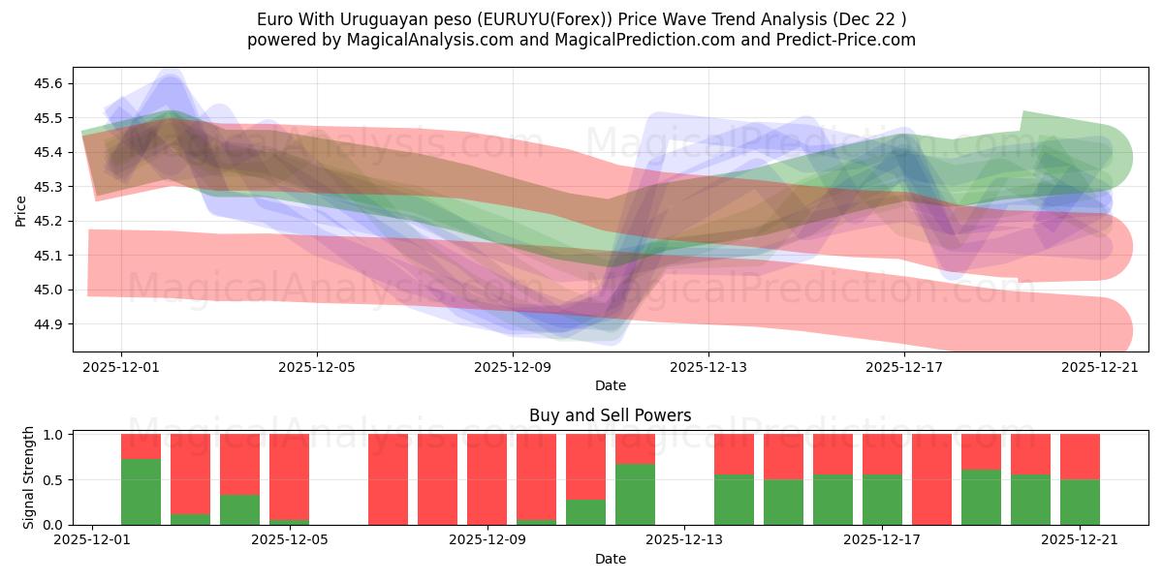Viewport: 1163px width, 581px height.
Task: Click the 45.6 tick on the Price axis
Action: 48,84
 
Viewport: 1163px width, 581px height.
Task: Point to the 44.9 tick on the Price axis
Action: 48,324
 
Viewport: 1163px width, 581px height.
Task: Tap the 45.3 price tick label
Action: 48,187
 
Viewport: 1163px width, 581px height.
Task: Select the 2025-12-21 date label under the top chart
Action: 1100,367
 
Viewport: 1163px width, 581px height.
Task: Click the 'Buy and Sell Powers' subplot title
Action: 610,415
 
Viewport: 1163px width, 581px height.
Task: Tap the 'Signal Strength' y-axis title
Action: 29,477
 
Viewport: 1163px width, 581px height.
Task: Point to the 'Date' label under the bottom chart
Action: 610,559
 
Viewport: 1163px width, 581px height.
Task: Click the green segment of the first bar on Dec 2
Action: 141,492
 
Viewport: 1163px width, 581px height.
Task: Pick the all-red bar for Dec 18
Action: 931,479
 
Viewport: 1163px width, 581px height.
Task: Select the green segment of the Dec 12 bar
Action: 635,494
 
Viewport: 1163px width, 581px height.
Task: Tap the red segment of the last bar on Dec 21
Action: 1080,456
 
